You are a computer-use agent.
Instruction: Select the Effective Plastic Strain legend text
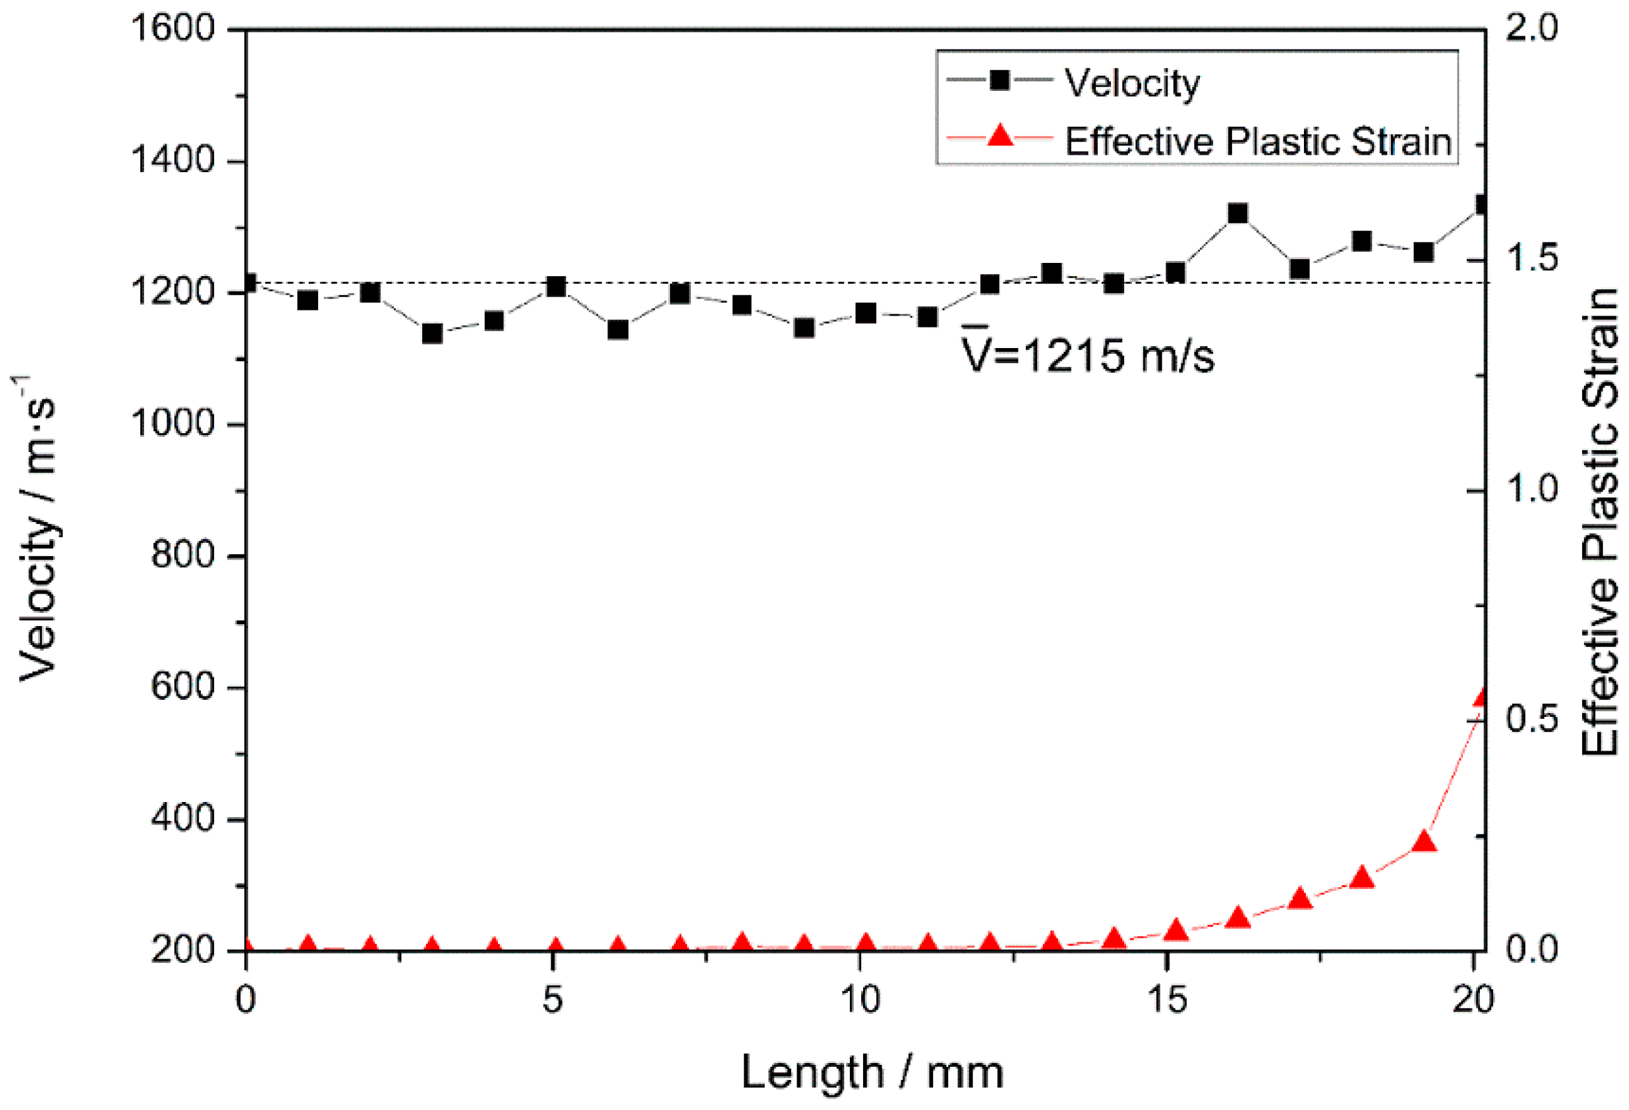point(1258,141)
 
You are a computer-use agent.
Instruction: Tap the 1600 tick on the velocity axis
point(172,29)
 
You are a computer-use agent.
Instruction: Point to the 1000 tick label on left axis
point(172,424)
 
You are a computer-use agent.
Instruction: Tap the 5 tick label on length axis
point(552,999)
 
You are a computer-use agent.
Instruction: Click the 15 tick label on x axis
point(1167,999)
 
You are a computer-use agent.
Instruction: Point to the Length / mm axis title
point(872,1072)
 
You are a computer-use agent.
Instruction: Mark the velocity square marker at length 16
point(1238,213)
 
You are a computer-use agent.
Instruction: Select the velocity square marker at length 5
point(556,287)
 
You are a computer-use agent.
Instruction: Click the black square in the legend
point(1000,81)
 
